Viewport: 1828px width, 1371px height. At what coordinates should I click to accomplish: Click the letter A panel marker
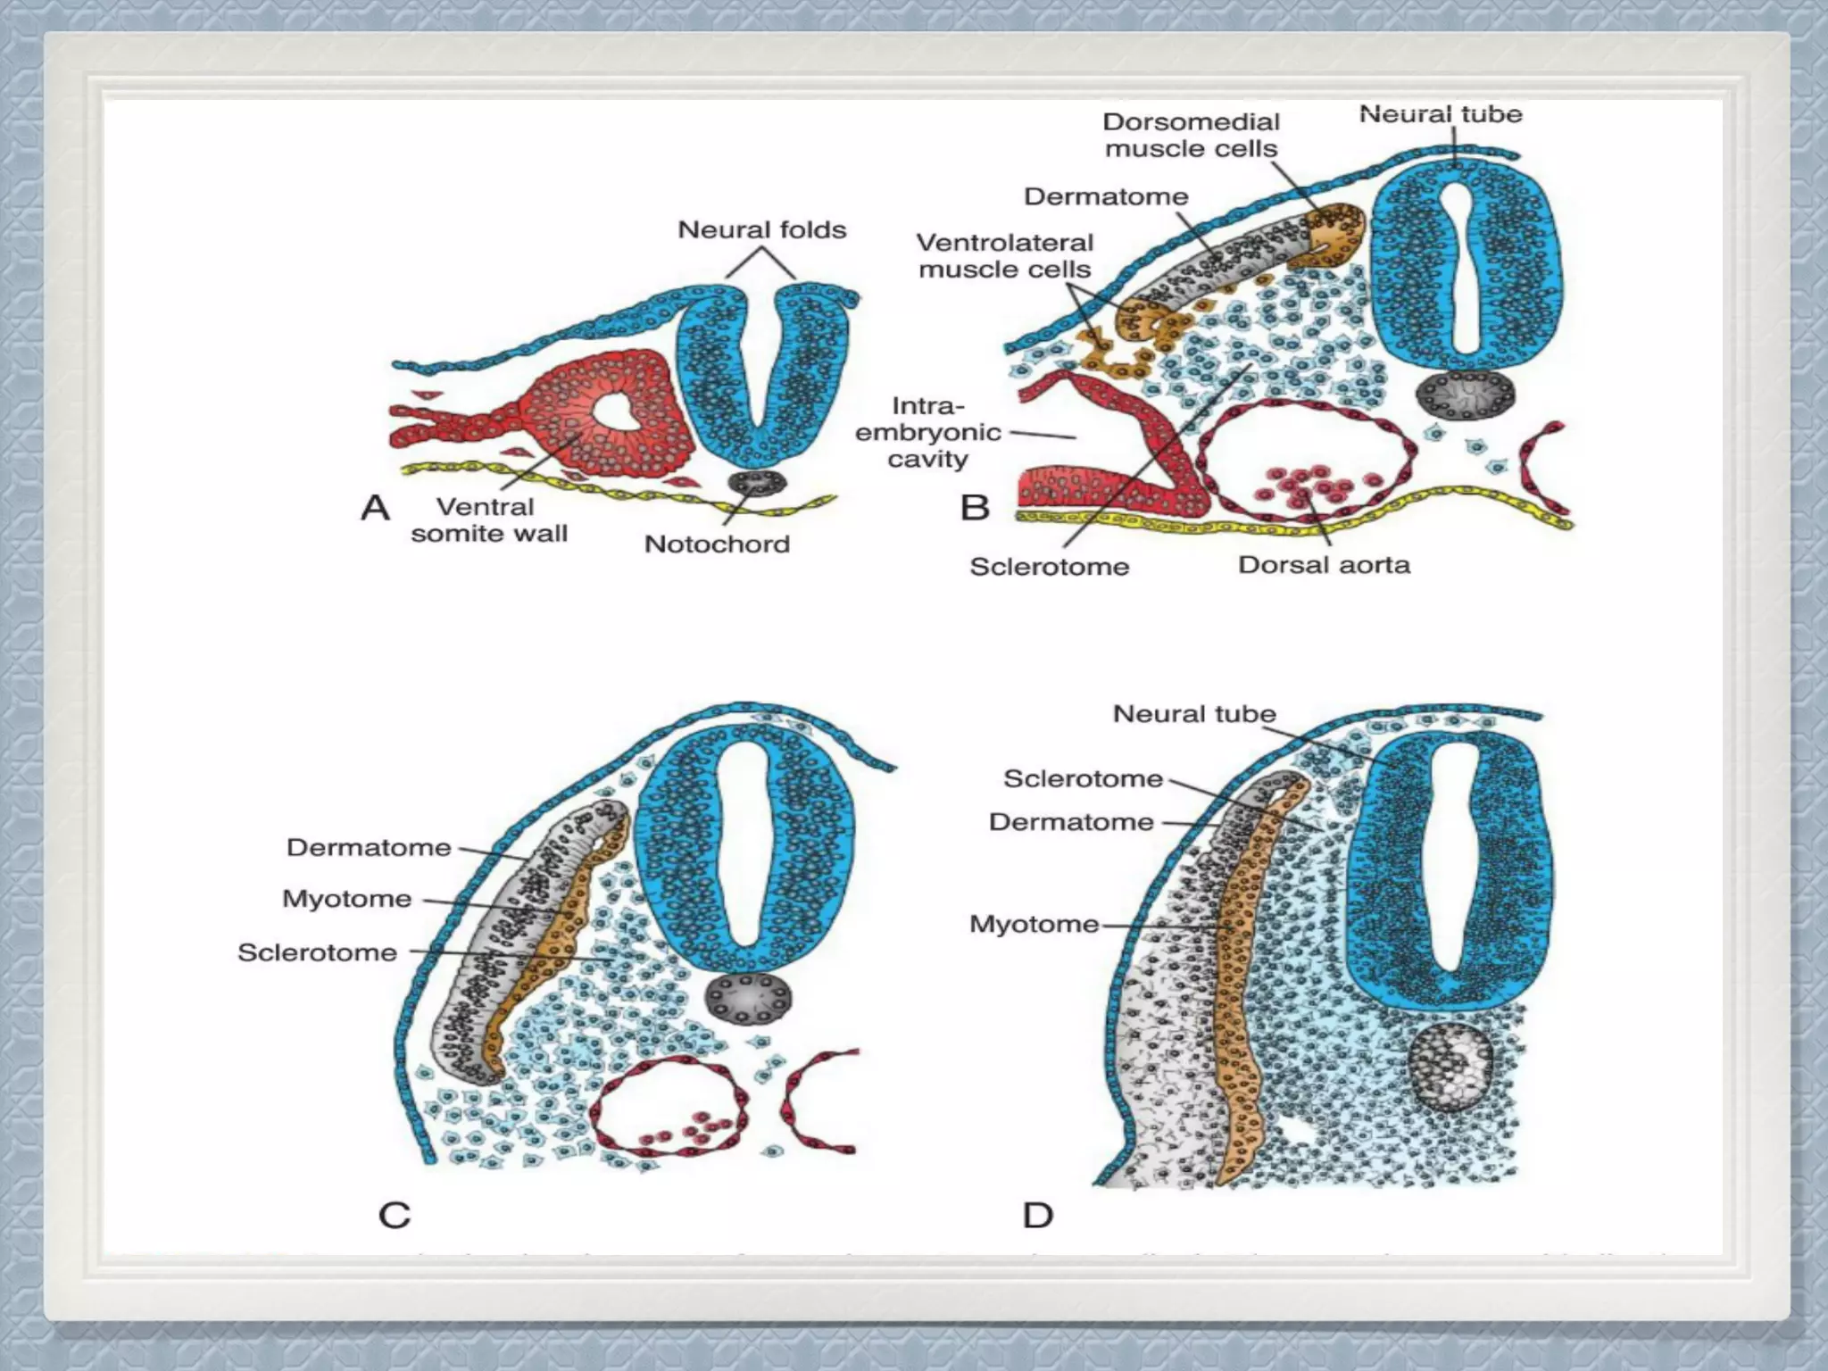coord(375,508)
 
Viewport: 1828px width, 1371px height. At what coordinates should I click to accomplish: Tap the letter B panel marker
coord(975,508)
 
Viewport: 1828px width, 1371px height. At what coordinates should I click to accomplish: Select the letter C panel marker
coord(395,1215)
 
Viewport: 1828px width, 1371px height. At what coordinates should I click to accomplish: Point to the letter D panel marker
coord(1038,1215)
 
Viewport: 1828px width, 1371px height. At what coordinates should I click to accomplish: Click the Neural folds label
coord(761,229)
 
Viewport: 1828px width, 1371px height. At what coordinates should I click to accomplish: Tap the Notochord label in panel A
coord(717,544)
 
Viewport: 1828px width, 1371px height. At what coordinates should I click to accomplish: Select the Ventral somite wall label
coord(488,519)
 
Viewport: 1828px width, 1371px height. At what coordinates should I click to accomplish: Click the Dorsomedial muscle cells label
coord(1191,135)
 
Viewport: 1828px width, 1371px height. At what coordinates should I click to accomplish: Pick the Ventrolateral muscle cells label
coord(1004,255)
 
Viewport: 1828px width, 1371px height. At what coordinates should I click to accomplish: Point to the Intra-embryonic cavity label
coord(927,432)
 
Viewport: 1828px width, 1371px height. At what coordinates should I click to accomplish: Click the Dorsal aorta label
coord(1324,564)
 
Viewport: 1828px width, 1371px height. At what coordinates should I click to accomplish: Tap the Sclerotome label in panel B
coord(1049,566)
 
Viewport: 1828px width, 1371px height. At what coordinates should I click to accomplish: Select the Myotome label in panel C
coord(347,898)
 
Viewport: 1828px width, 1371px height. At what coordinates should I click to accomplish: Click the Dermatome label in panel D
coord(1071,821)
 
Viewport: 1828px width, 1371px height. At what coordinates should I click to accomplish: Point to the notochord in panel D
coord(1450,1067)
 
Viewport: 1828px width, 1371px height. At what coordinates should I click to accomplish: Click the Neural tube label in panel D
coord(1193,714)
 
